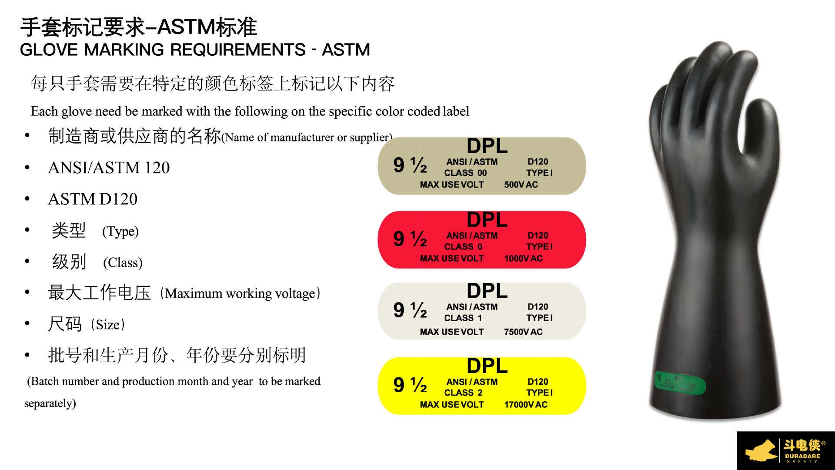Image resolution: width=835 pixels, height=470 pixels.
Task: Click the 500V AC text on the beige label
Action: pos(521,185)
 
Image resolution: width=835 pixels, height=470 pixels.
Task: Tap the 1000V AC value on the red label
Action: pos(523,258)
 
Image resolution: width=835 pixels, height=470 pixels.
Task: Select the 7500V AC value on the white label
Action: pos(523,332)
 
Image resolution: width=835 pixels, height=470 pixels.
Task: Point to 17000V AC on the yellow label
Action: pos(525,405)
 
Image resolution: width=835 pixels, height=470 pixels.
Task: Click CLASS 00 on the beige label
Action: pos(465,173)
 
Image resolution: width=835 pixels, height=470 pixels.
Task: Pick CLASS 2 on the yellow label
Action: pos(463,393)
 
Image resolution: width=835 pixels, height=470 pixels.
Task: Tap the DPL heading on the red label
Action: pos(487,220)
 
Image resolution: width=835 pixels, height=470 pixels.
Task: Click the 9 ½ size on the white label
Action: pos(410,310)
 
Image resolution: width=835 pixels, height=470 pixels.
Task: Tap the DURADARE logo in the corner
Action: pos(785,451)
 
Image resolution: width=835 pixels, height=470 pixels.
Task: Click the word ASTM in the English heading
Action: pos(346,50)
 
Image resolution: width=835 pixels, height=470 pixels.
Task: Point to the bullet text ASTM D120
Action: pos(93,199)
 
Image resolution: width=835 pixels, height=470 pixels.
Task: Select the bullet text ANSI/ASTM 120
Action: pos(109,168)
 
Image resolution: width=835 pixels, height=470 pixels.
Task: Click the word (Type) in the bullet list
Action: pos(120,232)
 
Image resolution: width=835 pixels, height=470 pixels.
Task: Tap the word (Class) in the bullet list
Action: pos(123,263)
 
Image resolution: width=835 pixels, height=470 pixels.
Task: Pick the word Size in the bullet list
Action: pos(107,325)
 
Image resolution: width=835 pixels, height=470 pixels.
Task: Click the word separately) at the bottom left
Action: pos(50,403)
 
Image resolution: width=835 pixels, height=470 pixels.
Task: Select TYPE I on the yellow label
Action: pos(539,393)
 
